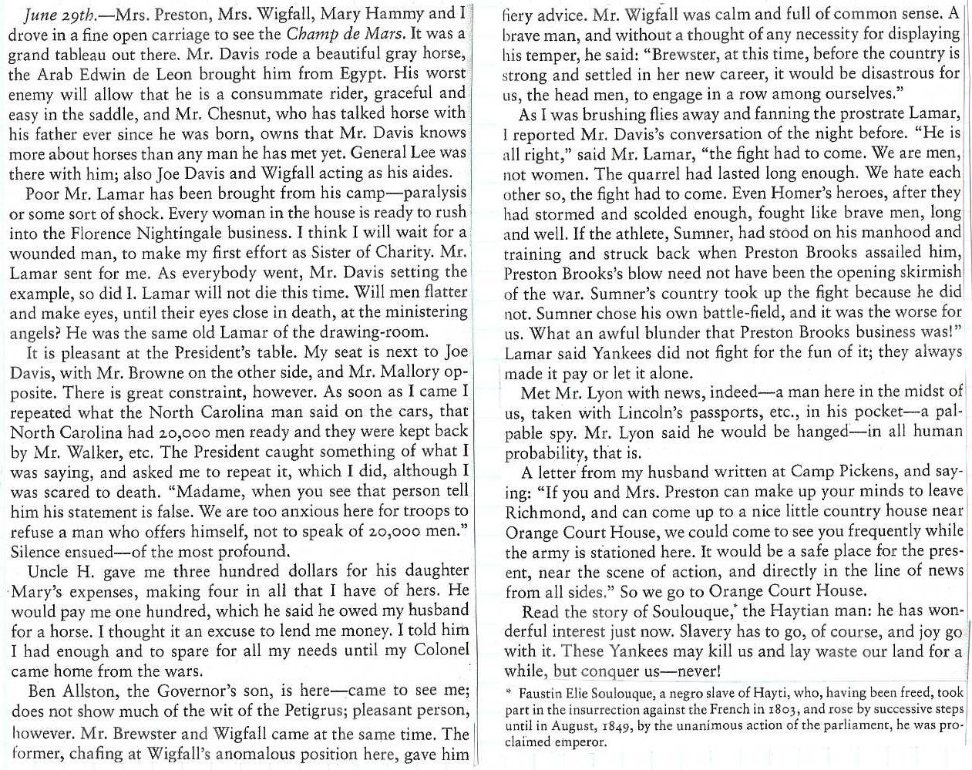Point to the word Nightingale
point(196,232)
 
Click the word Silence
point(36,552)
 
